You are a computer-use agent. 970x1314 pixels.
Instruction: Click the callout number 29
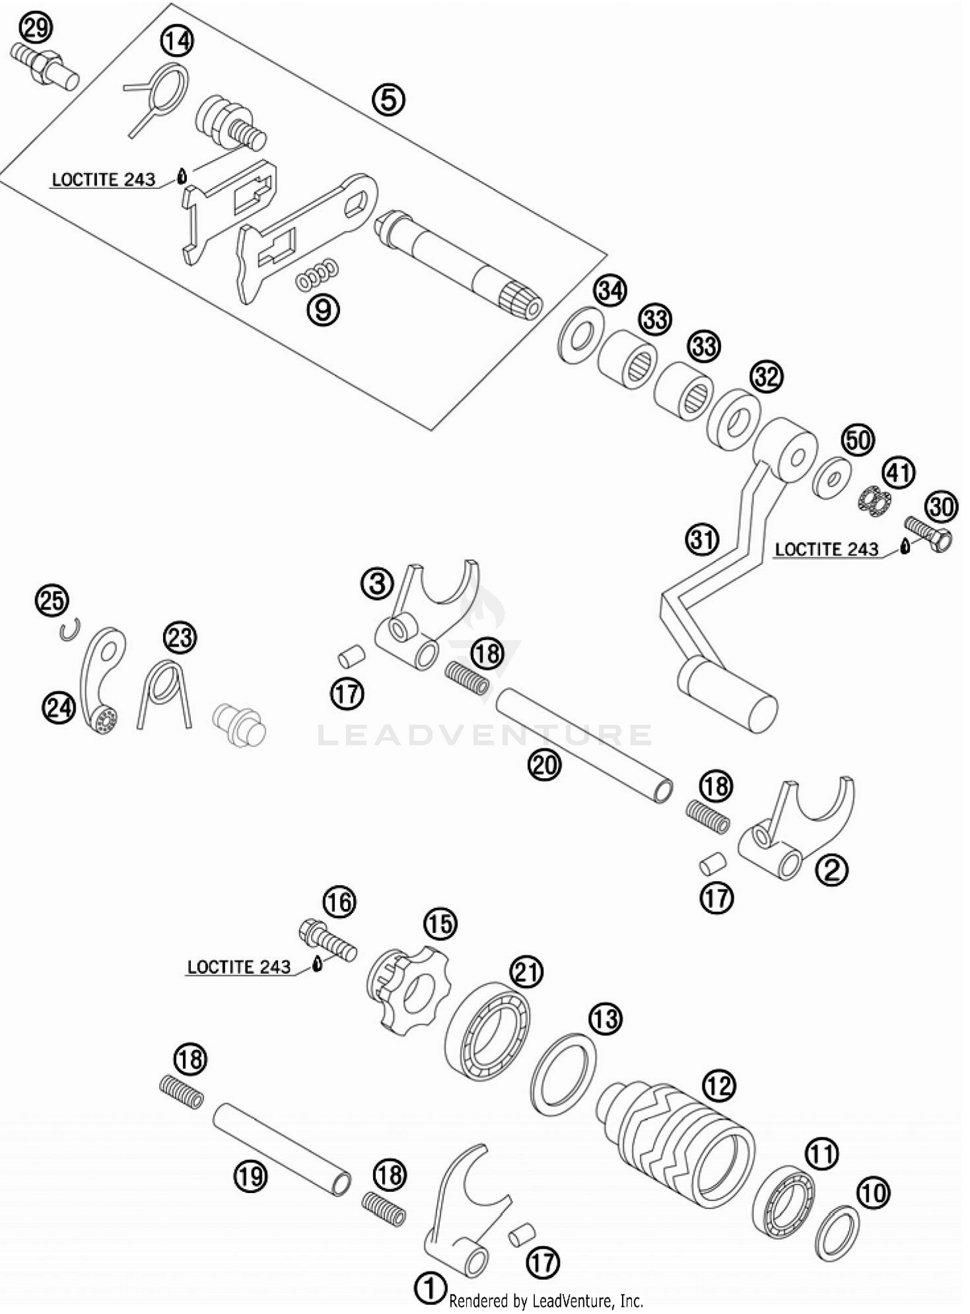(36, 29)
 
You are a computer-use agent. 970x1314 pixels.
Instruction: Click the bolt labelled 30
(929, 531)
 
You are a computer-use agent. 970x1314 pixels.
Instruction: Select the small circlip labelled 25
(69, 630)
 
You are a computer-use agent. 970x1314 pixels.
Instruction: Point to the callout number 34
(610, 290)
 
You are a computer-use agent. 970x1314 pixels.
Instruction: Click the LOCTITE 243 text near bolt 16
(239, 967)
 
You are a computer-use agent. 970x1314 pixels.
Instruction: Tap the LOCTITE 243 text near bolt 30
(826, 549)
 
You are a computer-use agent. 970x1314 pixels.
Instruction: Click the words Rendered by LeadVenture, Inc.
(546, 1300)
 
